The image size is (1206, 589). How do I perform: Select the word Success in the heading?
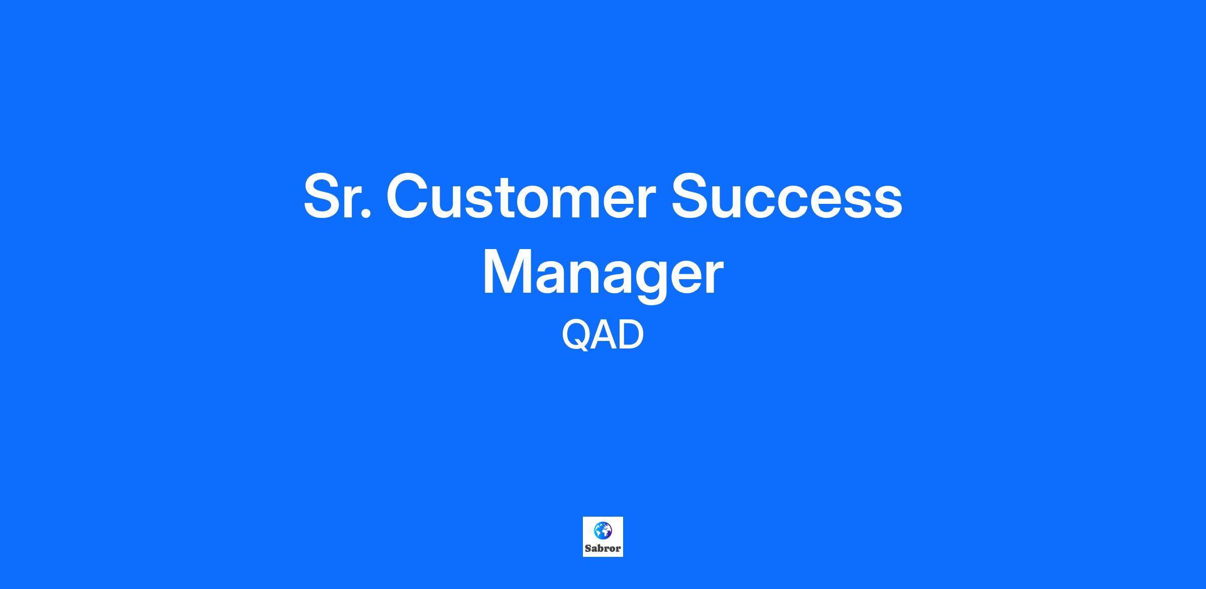787,196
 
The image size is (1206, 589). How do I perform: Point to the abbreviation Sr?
337,196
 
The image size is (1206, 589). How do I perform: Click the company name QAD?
602,335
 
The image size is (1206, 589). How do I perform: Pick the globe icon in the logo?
602,530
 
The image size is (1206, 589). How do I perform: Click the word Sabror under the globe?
602,548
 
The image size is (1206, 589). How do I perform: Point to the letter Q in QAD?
576,335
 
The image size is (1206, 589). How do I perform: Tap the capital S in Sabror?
587,548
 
